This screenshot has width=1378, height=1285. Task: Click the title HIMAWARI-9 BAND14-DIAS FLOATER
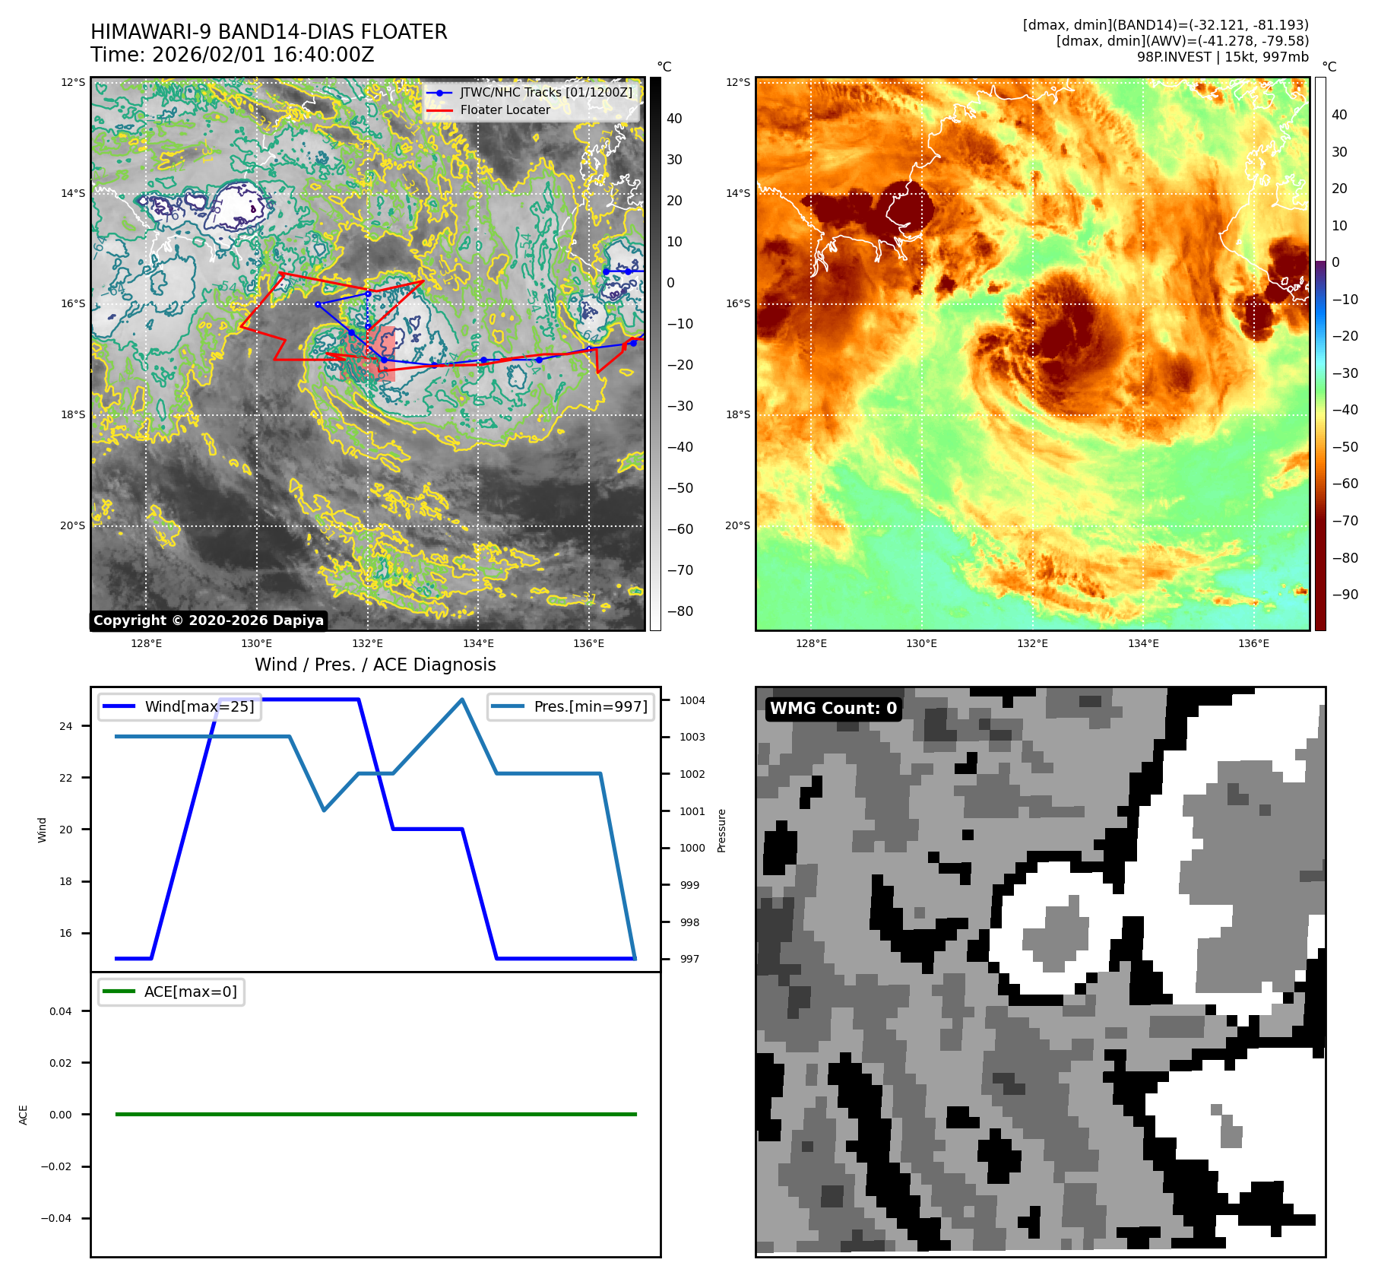[268, 32]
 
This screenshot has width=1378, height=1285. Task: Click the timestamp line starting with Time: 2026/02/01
[232, 55]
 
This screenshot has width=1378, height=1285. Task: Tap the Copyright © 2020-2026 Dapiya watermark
[208, 620]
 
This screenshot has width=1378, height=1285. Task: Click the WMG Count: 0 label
[833, 709]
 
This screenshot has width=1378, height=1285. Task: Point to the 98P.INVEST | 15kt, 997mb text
[1222, 57]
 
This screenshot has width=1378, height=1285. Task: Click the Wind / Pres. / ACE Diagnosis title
[375, 665]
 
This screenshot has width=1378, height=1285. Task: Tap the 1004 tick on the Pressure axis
[692, 700]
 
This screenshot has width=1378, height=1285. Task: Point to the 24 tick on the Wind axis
[66, 726]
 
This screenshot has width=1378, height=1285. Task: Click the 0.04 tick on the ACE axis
[61, 1011]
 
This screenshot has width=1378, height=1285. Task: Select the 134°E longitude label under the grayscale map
[478, 643]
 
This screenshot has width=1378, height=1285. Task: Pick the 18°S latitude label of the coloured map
[737, 414]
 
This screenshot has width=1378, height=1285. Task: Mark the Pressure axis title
[721, 830]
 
